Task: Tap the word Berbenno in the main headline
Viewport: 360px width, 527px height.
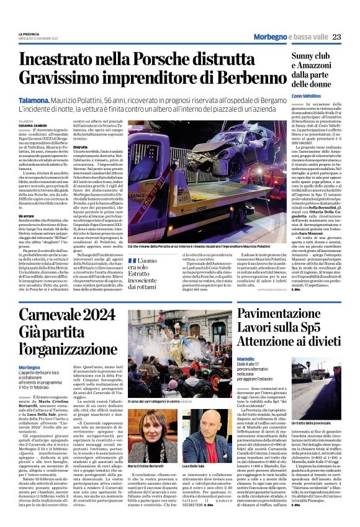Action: point(244,78)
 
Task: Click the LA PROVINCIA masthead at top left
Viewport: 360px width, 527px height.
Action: point(30,34)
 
